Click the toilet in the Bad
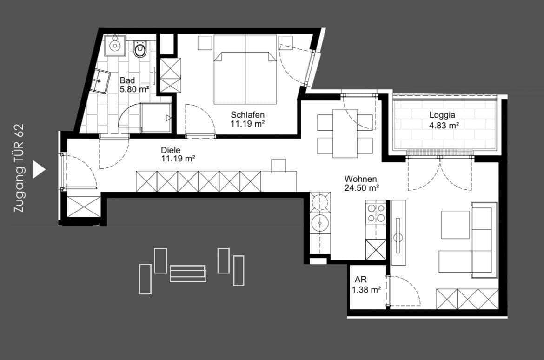click(x=140, y=48)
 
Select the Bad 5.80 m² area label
click(x=134, y=85)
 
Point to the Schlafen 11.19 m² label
click(x=248, y=119)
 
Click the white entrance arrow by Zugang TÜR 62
click(x=39, y=170)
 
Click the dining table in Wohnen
click(x=345, y=133)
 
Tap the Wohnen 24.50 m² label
click(x=361, y=183)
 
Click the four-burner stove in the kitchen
click(x=376, y=213)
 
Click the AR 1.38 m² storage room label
click(x=366, y=284)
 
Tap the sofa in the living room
click(x=484, y=240)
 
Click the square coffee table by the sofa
click(x=455, y=225)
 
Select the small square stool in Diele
click(x=279, y=166)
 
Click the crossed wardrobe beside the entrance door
click(x=84, y=206)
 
